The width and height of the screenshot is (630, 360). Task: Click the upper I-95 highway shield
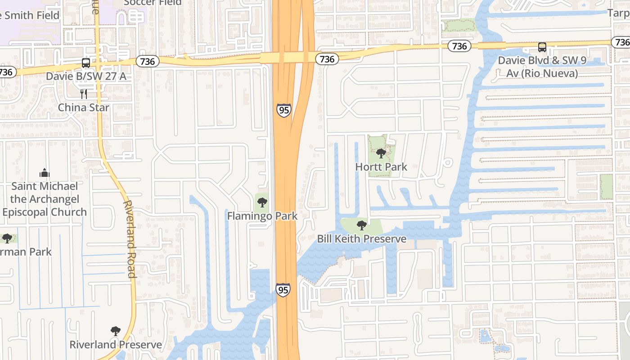pyautogui.click(x=283, y=110)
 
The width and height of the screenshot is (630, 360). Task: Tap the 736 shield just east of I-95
pyautogui.click(x=327, y=59)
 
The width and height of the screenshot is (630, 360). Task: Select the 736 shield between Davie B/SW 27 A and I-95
pyautogui.click(x=148, y=61)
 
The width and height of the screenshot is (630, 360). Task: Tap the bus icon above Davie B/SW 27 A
pyautogui.click(x=86, y=63)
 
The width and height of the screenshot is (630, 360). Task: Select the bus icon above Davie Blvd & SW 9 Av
pyautogui.click(x=542, y=47)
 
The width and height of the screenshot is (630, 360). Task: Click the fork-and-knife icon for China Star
pyautogui.click(x=83, y=94)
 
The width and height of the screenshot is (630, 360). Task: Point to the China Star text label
pyautogui.click(x=84, y=108)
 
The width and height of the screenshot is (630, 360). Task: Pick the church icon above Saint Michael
pyautogui.click(x=44, y=173)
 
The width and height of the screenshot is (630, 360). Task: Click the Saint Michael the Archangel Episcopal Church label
pyautogui.click(x=44, y=199)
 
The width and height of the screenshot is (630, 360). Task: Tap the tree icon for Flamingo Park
pyautogui.click(x=262, y=202)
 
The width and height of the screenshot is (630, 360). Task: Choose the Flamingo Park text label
pyautogui.click(x=262, y=216)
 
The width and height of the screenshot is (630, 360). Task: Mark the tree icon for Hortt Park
pyautogui.click(x=381, y=153)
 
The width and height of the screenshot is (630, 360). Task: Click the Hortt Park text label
pyautogui.click(x=381, y=167)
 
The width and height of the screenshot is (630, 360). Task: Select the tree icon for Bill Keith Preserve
pyautogui.click(x=361, y=225)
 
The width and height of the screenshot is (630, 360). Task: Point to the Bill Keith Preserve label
pyautogui.click(x=361, y=239)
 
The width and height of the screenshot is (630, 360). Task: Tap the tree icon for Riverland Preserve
pyautogui.click(x=116, y=331)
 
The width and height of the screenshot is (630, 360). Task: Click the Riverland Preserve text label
pyautogui.click(x=116, y=345)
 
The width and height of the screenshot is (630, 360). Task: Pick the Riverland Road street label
pyautogui.click(x=129, y=239)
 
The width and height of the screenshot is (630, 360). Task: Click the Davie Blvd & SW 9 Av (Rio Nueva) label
pyautogui.click(x=542, y=67)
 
